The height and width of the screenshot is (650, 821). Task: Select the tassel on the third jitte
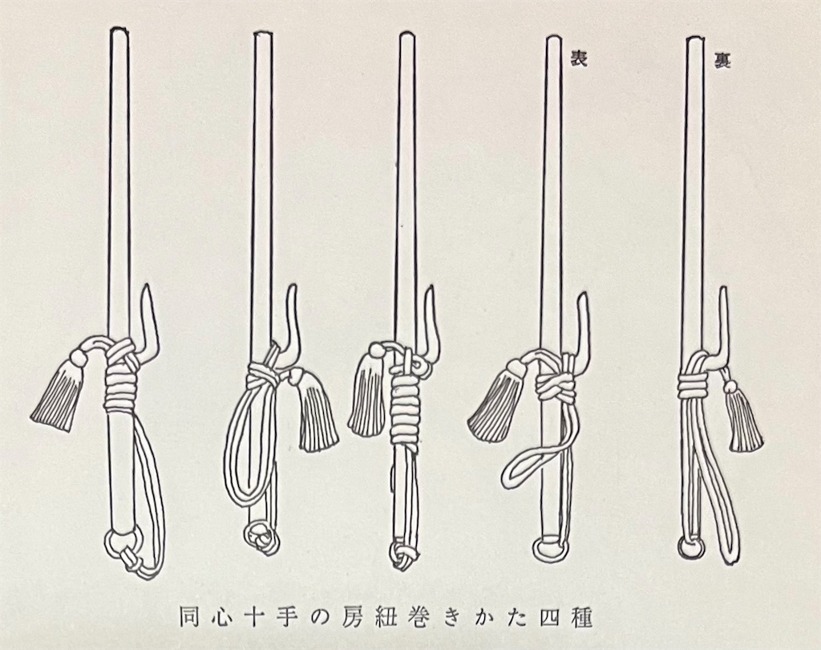point(366,398)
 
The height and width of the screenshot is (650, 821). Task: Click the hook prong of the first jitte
point(150,317)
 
